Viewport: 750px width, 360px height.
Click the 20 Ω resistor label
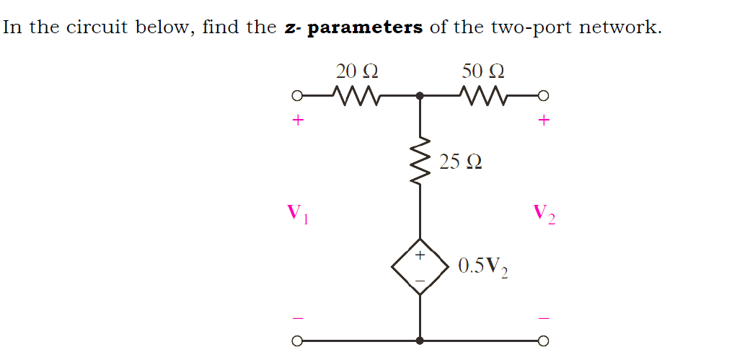(x=357, y=71)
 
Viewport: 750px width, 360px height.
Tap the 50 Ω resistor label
(x=482, y=71)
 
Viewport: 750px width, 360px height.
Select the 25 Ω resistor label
(x=461, y=162)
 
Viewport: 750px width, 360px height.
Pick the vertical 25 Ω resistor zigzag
(x=420, y=162)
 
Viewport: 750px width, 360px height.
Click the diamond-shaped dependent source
(x=420, y=266)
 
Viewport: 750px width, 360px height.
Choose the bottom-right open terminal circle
(x=544, y=341)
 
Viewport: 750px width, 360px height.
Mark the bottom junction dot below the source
(x=420, y=341)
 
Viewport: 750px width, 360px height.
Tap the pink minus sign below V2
(x=544, y=317)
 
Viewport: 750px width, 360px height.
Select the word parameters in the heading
(x=365, y=28)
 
